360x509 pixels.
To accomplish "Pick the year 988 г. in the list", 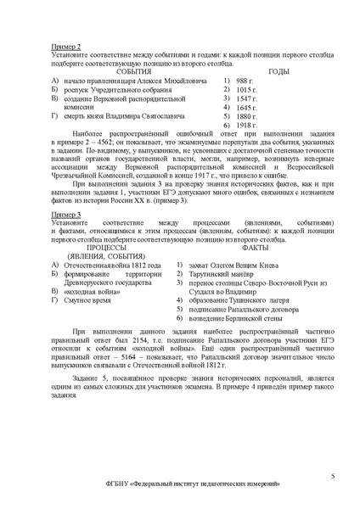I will (246, 80).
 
